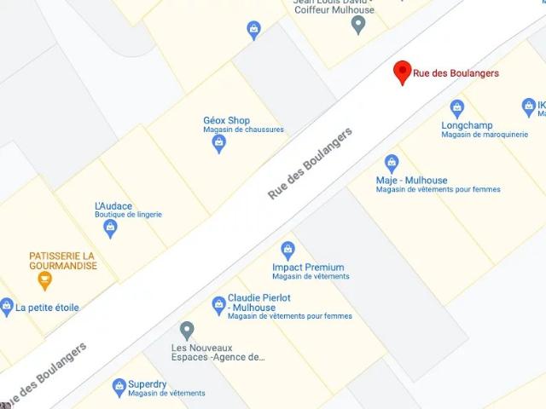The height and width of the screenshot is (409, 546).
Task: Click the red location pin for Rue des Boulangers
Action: click(x=402, y=72)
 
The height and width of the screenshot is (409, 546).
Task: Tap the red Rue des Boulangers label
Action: click(x=456, y=73)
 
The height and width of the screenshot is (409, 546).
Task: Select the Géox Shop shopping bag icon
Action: click(x=219, y=144)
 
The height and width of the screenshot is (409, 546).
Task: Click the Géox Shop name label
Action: click(x=226, y=120)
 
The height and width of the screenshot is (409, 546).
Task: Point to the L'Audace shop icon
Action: click(x=110, y=228)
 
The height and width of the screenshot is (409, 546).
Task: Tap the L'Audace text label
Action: click(x=113, y=206)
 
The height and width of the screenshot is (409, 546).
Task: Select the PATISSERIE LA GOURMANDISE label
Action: click(x=62, y=261)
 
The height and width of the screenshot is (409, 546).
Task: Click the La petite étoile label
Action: click(x=47, y=307)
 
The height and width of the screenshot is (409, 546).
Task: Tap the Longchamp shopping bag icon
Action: click(x=457, y=108)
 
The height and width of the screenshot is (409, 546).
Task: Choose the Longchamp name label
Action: click(x=467, y=125)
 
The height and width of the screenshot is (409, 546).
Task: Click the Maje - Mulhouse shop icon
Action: click(x=392, y=163)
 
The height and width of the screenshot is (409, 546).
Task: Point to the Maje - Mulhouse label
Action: click(x=411, y=181)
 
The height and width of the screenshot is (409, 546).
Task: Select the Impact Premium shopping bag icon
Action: click(x=288, y=251)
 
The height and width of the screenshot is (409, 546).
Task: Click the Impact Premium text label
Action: click(x=308, y=268)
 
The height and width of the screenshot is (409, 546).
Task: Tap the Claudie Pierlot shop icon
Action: click(x=218, y=304)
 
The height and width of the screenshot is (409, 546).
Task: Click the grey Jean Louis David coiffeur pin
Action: click(x=359, y=25)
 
